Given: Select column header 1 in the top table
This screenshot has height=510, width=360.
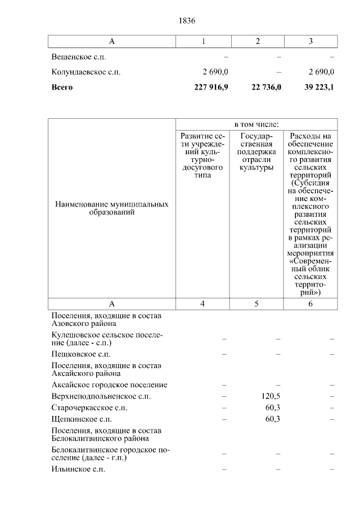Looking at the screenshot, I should point(204,42).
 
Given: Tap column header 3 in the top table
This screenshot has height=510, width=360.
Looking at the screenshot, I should point(310,42).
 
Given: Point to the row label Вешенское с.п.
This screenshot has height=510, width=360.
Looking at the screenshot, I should point(78,57).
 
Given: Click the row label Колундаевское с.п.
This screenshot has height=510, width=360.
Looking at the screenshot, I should point(85,72).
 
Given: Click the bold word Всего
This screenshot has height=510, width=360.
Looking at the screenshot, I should point(62,87).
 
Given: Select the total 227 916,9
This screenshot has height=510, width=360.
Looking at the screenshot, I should point(210,87).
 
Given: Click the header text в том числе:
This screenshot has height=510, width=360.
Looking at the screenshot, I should point(256,124).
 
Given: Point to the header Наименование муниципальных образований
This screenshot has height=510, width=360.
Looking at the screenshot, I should point(111,208).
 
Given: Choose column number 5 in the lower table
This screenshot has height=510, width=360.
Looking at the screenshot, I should point(256,304).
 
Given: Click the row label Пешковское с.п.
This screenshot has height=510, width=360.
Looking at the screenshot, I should point(80,354).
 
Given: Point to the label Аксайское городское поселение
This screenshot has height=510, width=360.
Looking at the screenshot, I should point(109,385).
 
